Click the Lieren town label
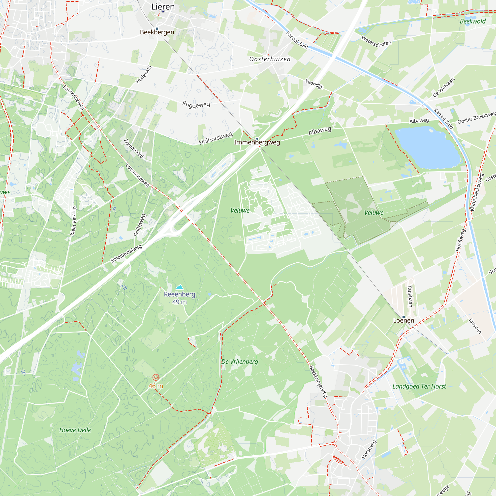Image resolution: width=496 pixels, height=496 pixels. pos(163,7)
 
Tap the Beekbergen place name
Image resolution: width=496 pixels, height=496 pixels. pos(157,32)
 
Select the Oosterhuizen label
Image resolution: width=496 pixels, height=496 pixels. pos(270,59)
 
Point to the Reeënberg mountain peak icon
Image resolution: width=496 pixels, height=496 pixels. pos(180,287)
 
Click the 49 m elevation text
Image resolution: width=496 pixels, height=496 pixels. pos(180,302)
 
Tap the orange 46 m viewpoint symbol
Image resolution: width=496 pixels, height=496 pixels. pos(155,377)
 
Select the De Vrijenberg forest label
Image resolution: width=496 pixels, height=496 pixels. pos(240,362)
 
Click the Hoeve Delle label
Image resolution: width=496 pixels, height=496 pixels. pos(75,430)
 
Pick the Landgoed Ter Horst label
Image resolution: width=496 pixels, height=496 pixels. pos(419,386)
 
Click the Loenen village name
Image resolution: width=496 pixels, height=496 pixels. pos(403,320)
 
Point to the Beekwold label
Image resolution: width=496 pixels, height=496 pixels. pos(473,21)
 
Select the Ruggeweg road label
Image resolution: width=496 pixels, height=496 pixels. pos(196,105)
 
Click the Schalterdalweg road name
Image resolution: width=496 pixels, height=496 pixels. pos(126,254)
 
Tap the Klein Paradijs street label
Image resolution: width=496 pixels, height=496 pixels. pos(73,221)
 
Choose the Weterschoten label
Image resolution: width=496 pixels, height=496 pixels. pos(376,42)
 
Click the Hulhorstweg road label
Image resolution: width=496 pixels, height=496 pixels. pos(216,138)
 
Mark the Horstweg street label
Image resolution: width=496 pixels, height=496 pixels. pos(369,449)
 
